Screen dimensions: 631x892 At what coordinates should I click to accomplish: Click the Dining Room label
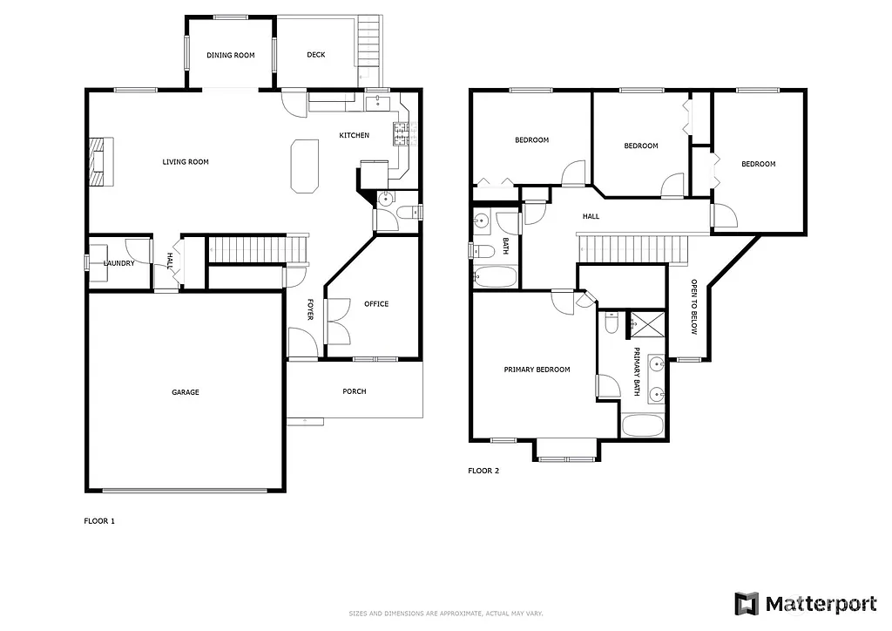(231, 55)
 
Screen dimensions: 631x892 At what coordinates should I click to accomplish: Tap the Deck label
(316, 55)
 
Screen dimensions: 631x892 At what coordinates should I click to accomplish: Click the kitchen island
(303, 165)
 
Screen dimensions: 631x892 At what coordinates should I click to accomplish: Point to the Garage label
(185, 392)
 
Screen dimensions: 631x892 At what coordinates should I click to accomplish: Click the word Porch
(355, 391)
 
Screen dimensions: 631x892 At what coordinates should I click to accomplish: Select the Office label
(376, 304)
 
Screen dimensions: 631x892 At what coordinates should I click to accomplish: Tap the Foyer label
(309, 309)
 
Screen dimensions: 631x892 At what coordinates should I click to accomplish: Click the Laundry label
(118, 263)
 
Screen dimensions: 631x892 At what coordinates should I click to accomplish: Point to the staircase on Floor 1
(259, 249)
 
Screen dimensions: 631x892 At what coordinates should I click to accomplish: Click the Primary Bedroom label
(537, 370)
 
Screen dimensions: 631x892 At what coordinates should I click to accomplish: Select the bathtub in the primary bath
(644, 426)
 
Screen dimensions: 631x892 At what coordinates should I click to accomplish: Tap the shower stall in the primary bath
(645, 322)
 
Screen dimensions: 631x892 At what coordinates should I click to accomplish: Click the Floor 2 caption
(483, 471)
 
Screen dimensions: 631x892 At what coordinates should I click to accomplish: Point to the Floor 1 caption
(98, 521)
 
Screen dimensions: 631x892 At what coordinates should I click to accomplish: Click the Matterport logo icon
(747, 603)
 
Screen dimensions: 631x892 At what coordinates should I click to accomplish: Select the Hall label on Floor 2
(591, 216)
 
